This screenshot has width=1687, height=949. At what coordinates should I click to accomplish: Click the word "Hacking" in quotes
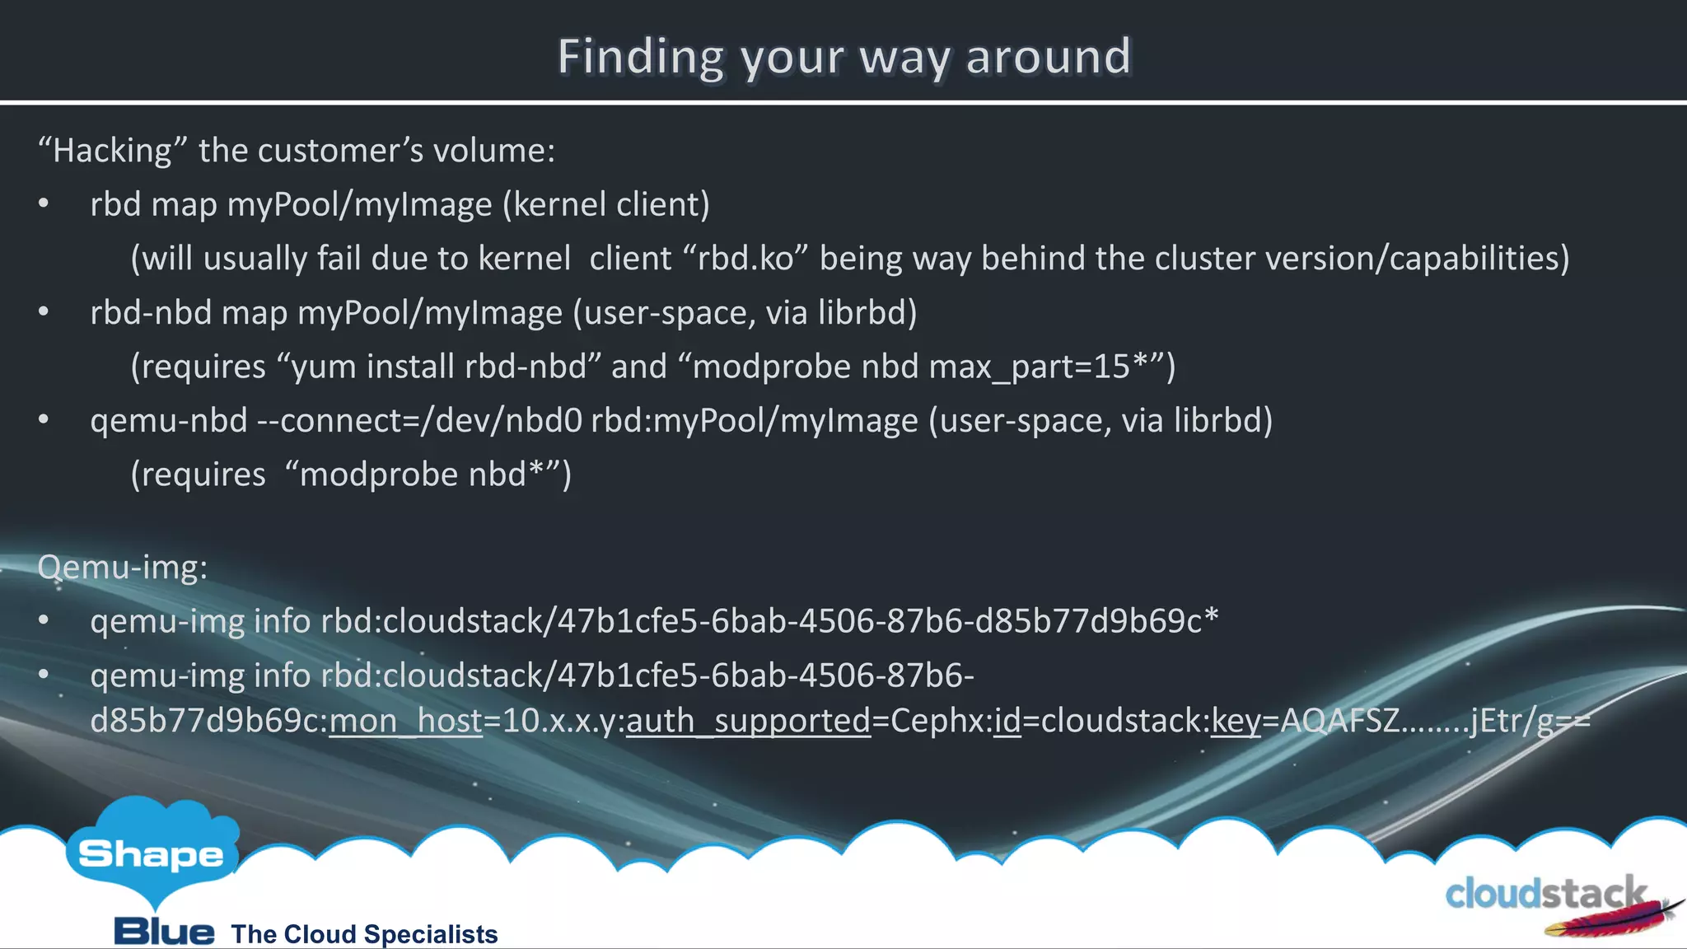[112, 151]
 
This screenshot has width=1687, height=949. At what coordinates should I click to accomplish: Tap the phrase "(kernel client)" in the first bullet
[605, 204]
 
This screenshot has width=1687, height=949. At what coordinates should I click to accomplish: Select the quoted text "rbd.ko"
[745, 259]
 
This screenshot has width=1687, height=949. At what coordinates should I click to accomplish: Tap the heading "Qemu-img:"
[123, 567]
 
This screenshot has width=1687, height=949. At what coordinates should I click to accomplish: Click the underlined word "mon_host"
[405, 721]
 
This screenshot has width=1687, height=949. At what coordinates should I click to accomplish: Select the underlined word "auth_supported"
[748, 721]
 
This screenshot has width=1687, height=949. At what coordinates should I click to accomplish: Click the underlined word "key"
[1236, 721]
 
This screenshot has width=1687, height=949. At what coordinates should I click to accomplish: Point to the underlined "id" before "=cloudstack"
[1007, 721]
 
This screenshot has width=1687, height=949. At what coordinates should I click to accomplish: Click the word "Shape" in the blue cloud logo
[151, 854]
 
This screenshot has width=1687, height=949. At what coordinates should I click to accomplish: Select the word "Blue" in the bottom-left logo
[164, 932]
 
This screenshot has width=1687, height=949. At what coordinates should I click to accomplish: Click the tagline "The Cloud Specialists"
[364, 934]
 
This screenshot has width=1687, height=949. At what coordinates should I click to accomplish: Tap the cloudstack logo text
[1544, 894]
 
